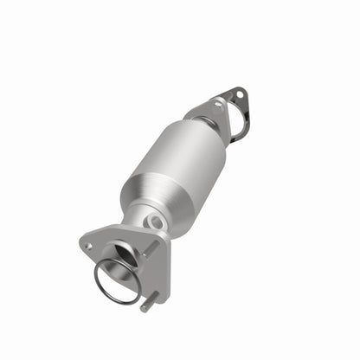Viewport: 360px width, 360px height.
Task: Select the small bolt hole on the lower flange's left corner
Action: coord(87,246)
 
